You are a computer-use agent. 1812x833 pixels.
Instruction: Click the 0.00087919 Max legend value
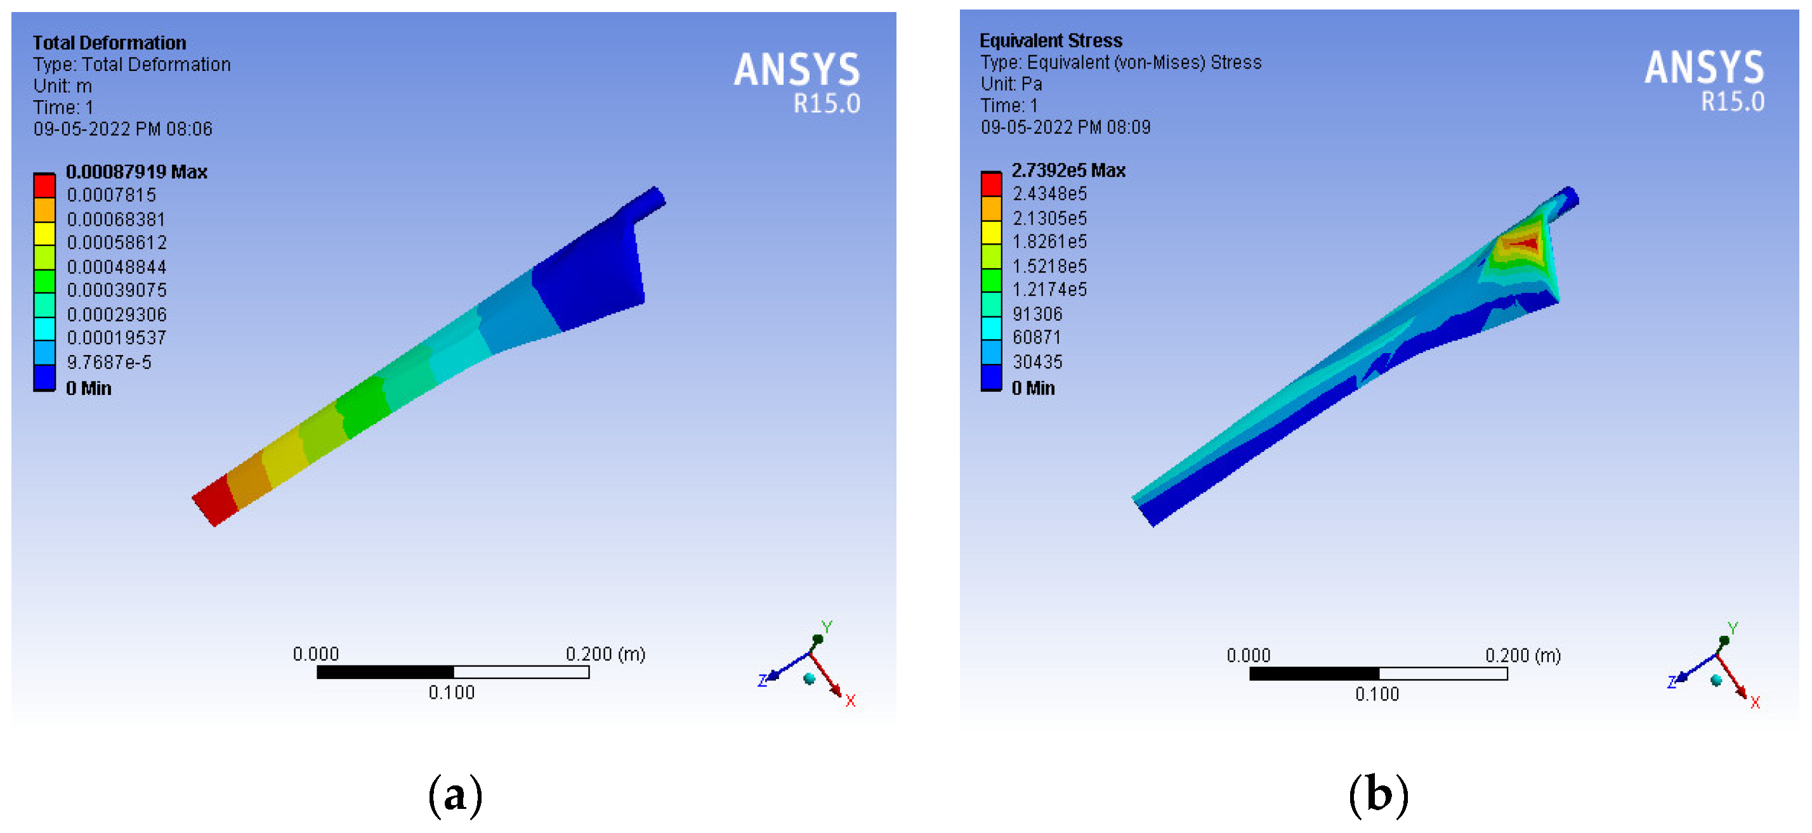click(x=136, y=172)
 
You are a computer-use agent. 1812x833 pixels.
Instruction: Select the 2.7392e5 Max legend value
click(x=1068, y=170)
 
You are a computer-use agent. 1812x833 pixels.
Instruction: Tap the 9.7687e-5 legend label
click(x=109, y=362)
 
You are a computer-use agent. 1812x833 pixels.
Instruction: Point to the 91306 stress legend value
click(x=1037, y=314)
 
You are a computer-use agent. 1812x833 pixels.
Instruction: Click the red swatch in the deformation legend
click(x=44, y=186)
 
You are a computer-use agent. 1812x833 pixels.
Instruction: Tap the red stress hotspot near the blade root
click(x=1522, y=244)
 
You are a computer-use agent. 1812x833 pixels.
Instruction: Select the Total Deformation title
click(x=109, y=43)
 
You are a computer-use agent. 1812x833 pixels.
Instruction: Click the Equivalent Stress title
click(x=1051, y=41)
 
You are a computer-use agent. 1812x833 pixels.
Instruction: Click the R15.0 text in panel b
click(x=1732, y=102)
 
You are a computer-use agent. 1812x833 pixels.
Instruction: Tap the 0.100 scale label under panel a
click(x=452, y=692)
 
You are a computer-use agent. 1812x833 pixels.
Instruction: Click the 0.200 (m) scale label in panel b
click(x=1522, y=655)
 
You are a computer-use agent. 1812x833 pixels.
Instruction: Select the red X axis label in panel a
click(x=850, y=701)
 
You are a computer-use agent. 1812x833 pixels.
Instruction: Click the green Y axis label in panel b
click(x=1733, y=628)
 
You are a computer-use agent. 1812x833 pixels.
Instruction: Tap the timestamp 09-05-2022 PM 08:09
click(x=1065, y=127)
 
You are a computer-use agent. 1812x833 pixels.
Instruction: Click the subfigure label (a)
click(x=455, y=795)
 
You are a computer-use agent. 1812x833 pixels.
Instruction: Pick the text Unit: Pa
click(x=1011, y=84)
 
